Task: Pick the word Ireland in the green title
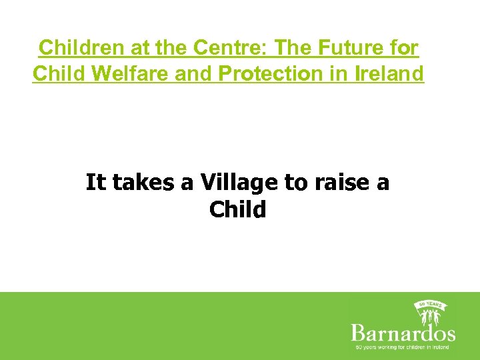tap(387, 73)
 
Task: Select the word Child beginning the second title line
tap(57, 73)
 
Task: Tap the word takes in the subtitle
tap(143, 182)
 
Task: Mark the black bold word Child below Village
tap(237, 209)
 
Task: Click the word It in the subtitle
tap(95, 182)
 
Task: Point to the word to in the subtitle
tap(293, 182)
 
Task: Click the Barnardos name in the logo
tap(403, 332)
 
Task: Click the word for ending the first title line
tap(403, 48)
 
